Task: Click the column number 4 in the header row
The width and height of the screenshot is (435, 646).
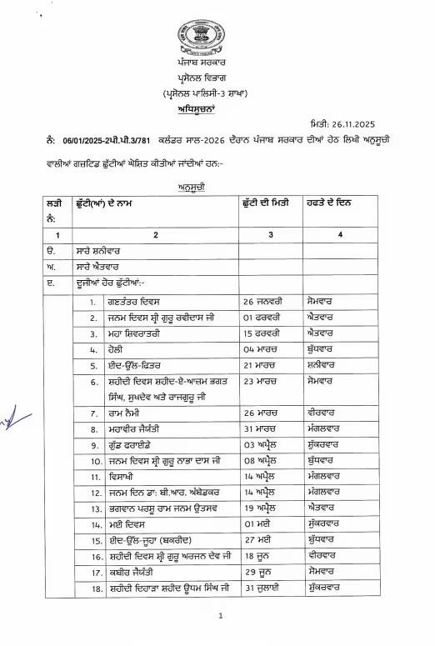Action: coord(340,236)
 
